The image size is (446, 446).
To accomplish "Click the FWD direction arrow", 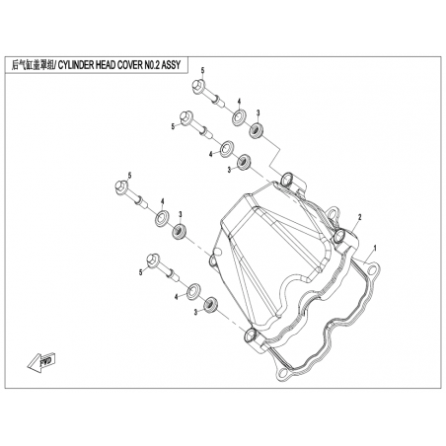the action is tap(41, 362).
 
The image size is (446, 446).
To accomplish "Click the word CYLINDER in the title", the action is tap(76, 65).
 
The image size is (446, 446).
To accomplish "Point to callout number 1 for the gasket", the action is tap(375, 247).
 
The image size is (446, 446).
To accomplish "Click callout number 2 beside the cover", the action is tap(359, 217).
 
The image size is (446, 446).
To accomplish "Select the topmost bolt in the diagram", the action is tap(208, 93).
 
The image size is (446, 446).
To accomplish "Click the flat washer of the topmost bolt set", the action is tap(238, 117).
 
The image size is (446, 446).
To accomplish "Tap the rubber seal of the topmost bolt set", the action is tap(258, 130).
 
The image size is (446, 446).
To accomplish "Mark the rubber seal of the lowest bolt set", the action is tap(210, 304).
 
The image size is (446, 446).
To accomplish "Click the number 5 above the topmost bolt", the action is tap(203, 71).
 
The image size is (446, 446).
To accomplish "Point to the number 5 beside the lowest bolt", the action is tap(141, 272).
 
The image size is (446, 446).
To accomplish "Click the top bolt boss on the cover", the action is tap(287, 179).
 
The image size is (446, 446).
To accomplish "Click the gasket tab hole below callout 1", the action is tap(372, 270).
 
